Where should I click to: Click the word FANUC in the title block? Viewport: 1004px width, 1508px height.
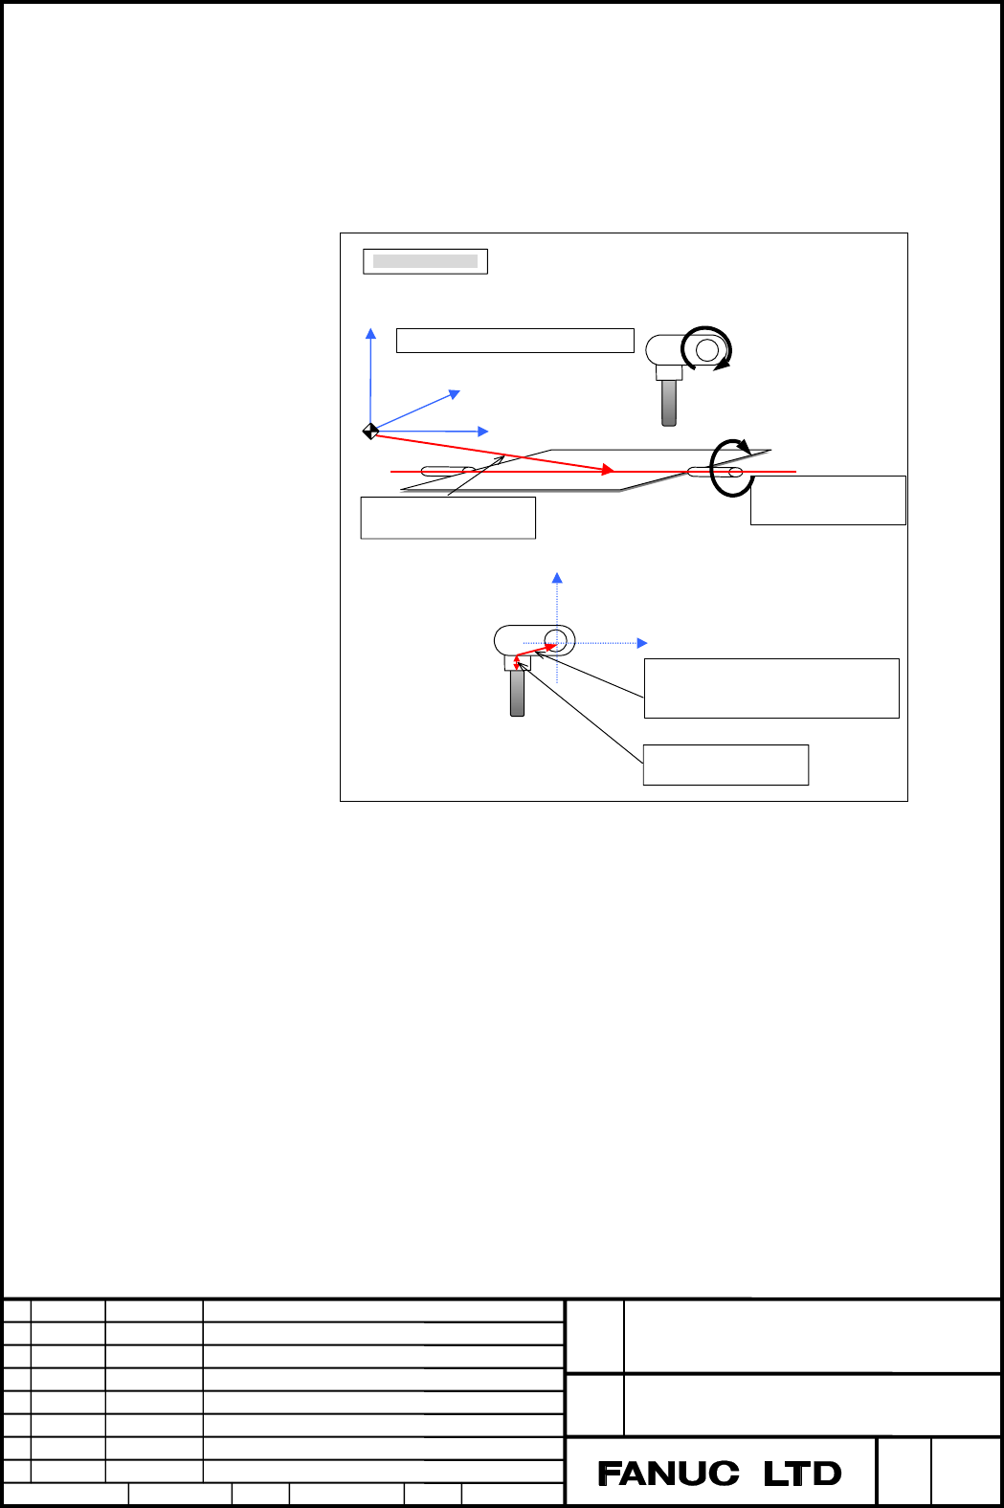click(668, 1474)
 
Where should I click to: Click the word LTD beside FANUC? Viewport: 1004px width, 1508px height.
click(802, 1474)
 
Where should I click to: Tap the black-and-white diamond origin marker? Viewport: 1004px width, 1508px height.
click(370, 431)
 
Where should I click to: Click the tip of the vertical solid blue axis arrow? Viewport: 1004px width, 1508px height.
click(370, 329)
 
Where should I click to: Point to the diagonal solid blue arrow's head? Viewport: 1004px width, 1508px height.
click(456, 394)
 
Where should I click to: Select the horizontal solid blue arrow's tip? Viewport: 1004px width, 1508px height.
click(487, 432)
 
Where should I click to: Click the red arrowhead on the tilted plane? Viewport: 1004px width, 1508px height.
click(609, 469)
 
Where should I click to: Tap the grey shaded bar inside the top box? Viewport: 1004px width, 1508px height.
click(425, 261)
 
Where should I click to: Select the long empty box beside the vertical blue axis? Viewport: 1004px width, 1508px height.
click(515, 341)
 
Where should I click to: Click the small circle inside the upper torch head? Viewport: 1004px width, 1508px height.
click(707, 350)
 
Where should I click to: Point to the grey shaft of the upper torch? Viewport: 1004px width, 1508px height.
click(669, 403)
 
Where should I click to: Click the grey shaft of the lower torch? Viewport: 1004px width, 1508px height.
click(517, 693)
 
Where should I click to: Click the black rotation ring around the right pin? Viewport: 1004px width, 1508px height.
click(712, 469)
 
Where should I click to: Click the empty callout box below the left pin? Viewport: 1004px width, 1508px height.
click(449, 518)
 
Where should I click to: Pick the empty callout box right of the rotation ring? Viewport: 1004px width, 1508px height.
click(828, 500)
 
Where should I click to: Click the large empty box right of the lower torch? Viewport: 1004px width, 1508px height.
click(771, 689)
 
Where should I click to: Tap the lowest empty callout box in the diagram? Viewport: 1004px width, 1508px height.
click(725, 765)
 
